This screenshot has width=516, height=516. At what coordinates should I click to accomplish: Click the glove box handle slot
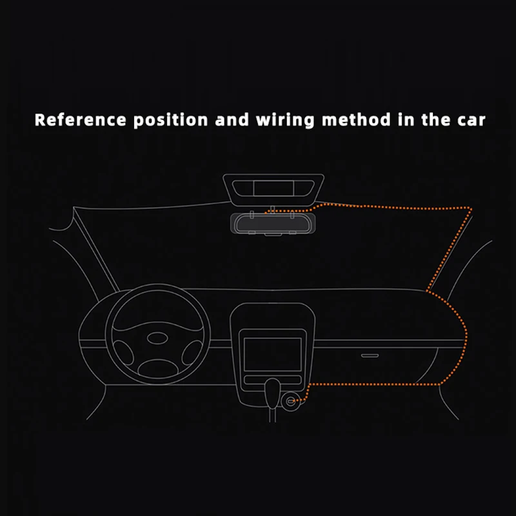click(x=370, y=355)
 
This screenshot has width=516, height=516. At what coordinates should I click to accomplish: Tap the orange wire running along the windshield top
click(x=387, y=206)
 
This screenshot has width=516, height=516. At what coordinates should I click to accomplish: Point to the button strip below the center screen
click(x=272, y=378)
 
